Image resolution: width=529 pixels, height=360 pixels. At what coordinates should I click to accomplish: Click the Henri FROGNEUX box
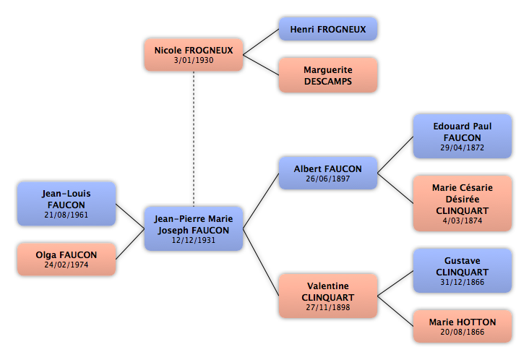pos(328,29)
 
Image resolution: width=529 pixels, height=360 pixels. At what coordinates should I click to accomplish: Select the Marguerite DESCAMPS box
pos(328,75)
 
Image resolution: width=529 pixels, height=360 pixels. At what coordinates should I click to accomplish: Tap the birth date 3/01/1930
pos(194,61)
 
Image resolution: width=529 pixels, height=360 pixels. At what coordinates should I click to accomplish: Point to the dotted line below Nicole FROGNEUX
pos(194,139)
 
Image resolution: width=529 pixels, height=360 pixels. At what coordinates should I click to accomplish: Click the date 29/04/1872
pos(463,147)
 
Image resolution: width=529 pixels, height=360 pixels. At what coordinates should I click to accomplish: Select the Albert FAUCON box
pos(328,173)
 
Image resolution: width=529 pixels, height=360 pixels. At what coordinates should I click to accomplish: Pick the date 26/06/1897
pos(328,179)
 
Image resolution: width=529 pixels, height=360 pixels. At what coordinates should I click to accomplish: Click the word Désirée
pos(463,199)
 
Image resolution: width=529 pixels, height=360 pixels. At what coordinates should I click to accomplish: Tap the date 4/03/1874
pos(463,220)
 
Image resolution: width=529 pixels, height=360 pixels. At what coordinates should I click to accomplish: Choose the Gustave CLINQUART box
pos(463,270)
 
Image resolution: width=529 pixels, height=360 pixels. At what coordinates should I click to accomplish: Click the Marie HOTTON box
pos(463,326)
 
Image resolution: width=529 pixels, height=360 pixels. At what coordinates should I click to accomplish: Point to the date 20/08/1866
pos(463,332)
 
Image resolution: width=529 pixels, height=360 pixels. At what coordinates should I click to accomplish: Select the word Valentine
pos(328,286)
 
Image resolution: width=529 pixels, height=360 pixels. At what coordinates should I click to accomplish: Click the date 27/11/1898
pos(328,307)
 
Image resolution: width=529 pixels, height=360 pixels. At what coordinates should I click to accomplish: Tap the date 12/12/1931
pos(194,240)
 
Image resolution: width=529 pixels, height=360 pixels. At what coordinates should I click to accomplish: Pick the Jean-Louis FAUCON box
pos(66,204)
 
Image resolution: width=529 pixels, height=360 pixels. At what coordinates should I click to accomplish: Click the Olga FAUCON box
pos(66,259)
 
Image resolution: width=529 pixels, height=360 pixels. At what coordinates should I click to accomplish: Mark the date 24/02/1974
pos(66,265)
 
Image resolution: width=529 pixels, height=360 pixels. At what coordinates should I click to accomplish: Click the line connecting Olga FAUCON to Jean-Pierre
pos(130,244)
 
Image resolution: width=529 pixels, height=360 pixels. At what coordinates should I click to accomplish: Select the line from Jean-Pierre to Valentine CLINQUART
pos(261,262)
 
